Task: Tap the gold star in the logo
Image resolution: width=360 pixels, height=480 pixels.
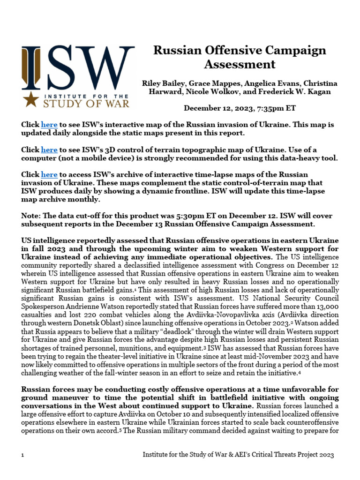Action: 31,99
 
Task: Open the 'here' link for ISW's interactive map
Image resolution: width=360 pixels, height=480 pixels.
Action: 49,125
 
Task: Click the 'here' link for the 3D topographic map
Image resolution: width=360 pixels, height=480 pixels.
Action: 49,150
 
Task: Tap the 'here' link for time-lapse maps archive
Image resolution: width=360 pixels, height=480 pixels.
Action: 49,174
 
